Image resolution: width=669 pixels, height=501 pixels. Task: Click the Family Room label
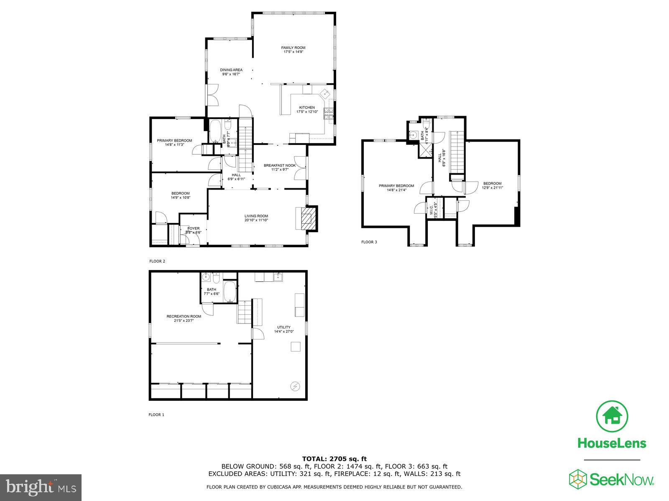(x=293, y=48)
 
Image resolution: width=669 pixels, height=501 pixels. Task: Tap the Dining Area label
(x=231, y=70)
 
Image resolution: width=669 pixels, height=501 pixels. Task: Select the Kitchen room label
(x=307, y=108)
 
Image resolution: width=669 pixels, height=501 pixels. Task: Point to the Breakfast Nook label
(x=280, y=165)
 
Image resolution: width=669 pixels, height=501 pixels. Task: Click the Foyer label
(x=194, y=228)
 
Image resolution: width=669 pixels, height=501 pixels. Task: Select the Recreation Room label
(x=184, y=316)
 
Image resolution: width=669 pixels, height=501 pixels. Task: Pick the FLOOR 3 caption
(x=369, y=242)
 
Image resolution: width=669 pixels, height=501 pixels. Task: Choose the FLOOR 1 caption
(x=156, y=415)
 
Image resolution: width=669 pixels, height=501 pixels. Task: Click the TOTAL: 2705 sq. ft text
(x=334, y=459)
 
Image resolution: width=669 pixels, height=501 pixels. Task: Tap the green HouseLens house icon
(x=612, y=416)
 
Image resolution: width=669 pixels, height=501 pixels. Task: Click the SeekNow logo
(x=612, y=478)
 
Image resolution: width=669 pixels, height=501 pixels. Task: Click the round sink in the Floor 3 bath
(x=414, y=135)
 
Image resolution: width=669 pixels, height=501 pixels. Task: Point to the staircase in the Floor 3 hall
(x=457, y=152)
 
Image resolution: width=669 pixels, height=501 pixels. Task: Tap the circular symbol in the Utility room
(x=295, y=386)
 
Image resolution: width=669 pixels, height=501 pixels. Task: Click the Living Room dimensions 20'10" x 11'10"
(x=256, y=220)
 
